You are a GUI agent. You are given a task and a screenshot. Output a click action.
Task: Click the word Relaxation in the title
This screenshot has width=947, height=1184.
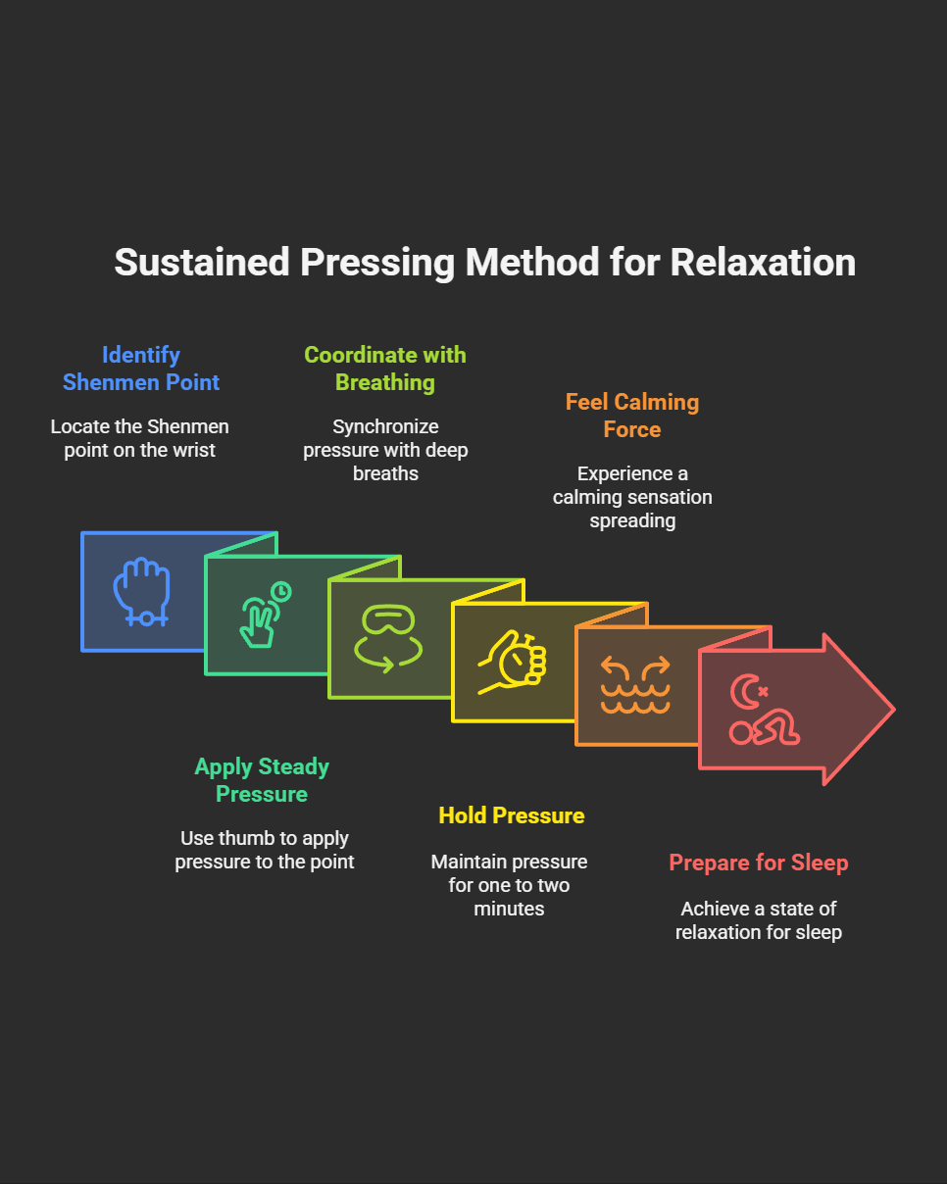point(763,263)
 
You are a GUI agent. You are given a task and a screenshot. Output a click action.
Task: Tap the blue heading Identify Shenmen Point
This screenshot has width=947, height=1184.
point(141,369)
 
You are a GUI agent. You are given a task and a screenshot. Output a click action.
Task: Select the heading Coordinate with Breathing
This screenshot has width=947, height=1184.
point(385,369)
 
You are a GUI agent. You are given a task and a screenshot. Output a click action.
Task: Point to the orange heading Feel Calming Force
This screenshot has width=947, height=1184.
point(632,416)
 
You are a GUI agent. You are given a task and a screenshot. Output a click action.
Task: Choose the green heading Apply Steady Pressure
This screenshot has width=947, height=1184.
point(262,780)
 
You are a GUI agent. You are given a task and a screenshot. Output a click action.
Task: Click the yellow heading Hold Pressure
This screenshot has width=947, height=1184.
point(511,815)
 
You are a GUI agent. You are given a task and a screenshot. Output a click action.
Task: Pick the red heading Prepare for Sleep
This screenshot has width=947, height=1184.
point(758,863)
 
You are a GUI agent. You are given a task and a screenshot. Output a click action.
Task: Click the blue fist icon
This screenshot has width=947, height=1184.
point(142,591)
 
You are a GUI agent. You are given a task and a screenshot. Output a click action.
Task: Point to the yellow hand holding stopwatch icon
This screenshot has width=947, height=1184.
point(513,663)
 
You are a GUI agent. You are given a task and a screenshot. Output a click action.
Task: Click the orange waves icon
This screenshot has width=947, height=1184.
point(635,686)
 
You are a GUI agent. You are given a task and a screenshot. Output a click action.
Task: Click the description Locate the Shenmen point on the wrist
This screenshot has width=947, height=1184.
point(140,438)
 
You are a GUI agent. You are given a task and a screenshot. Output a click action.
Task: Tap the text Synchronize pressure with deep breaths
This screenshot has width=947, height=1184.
point(385,450)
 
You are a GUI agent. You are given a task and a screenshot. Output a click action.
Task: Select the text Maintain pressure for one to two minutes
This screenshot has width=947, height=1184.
point(510,885)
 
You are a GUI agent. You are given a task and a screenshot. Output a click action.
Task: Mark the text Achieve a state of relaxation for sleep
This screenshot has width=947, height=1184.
point(758,920)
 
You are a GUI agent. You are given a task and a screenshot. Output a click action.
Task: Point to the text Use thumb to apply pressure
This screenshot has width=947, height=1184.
point(265,850)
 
